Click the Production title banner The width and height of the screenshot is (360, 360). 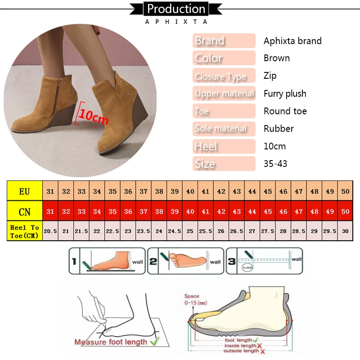click(176, 9)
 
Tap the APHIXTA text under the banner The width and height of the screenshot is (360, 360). click(176, 22)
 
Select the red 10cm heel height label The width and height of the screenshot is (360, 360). click(94, 116)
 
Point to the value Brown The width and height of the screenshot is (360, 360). click(277, 58)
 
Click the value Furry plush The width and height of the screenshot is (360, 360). click(285, 94)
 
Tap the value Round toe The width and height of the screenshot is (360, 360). click(285, 111)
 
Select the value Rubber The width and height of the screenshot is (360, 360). click(279, 129)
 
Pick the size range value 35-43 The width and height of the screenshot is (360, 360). click(275, 164)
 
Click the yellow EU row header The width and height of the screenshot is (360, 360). click(25, 191)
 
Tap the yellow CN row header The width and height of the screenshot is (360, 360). click(25, 211)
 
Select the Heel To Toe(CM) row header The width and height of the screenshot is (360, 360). click(25, 231)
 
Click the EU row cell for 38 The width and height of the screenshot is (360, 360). click(159, 191)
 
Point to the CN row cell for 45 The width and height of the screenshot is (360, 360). click(268, 211)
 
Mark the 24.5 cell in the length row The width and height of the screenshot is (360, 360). click(175, 231)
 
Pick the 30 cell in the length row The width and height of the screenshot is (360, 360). click(345, 231)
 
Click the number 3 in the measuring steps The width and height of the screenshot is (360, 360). click(232, 261)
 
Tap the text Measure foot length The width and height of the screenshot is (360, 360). click(111, 342)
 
